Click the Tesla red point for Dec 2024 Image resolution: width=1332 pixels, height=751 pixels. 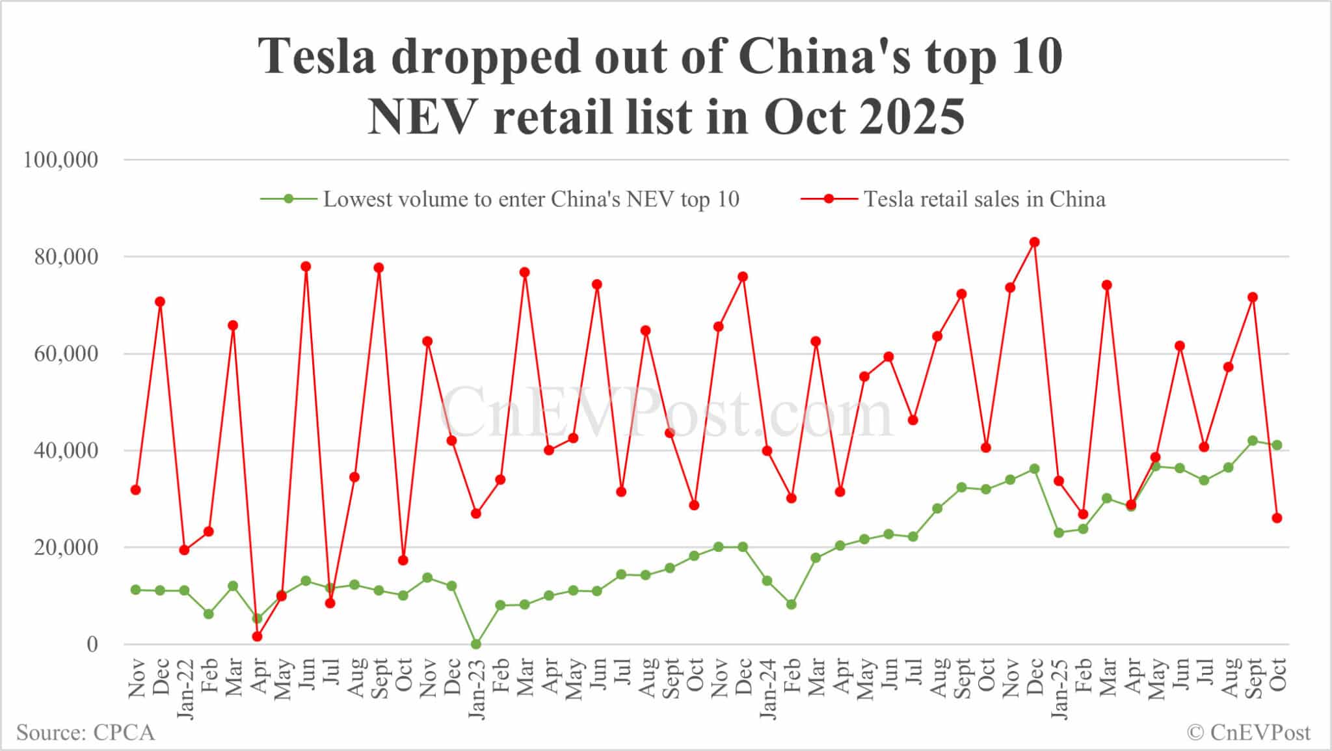point(1034,242)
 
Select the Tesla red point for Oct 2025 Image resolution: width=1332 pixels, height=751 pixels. point(1277,518)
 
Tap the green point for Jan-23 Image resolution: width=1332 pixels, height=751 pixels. point(476,644)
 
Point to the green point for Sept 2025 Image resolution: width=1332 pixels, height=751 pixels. point(1253,441)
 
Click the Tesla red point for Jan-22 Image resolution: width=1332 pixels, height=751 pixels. point(184,550)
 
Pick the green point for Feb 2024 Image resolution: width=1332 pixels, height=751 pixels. point(792,605)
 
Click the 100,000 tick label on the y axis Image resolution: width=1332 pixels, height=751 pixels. point(60,160)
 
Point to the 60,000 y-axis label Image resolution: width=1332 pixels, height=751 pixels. point(66,354)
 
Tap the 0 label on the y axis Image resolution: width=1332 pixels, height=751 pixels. point(92,644)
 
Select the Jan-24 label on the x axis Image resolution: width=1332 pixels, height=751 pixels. point(768,689)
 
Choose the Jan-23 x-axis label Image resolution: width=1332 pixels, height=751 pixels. point(477,689)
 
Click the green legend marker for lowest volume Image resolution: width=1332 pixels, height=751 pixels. point(289,199)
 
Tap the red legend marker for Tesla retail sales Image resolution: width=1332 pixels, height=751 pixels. point(829,199)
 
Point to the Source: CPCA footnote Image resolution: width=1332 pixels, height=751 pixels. point(86,733)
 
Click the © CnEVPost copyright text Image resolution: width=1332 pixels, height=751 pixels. point(1249,733)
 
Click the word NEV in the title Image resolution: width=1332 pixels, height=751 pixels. point(425,117)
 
